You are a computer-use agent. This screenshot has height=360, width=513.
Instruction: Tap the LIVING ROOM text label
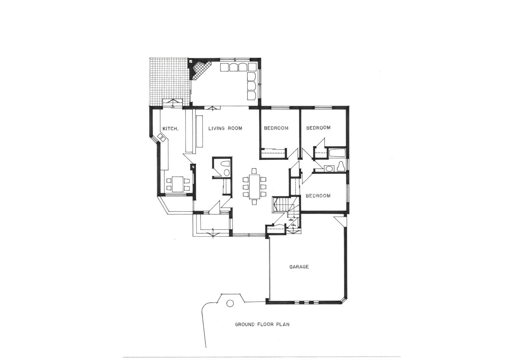click(x=225, y=128)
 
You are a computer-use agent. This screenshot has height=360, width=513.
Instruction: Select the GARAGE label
click(x=299, y=267)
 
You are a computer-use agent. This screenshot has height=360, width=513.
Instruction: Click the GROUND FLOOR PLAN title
click(x=262, y=324)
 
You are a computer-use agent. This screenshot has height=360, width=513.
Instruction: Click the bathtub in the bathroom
click(x=337, y=154)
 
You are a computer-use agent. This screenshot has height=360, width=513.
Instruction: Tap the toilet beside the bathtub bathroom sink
click(x=341, y=166)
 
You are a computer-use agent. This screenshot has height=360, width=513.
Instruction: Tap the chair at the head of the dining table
click(x=254, y=171)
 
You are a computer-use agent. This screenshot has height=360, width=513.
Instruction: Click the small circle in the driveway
click(x=230, y=304)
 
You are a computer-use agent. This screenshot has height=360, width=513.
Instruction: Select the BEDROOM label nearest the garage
click(x=318, y=196)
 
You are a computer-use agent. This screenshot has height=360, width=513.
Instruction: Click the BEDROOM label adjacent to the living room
click(x=276, y=128)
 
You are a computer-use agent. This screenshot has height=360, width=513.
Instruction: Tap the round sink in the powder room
click(x=226, y=172)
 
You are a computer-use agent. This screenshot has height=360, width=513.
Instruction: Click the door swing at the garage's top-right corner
click(x=341, y=221)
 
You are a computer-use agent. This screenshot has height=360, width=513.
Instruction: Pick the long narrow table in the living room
click(x=200, y=131)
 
